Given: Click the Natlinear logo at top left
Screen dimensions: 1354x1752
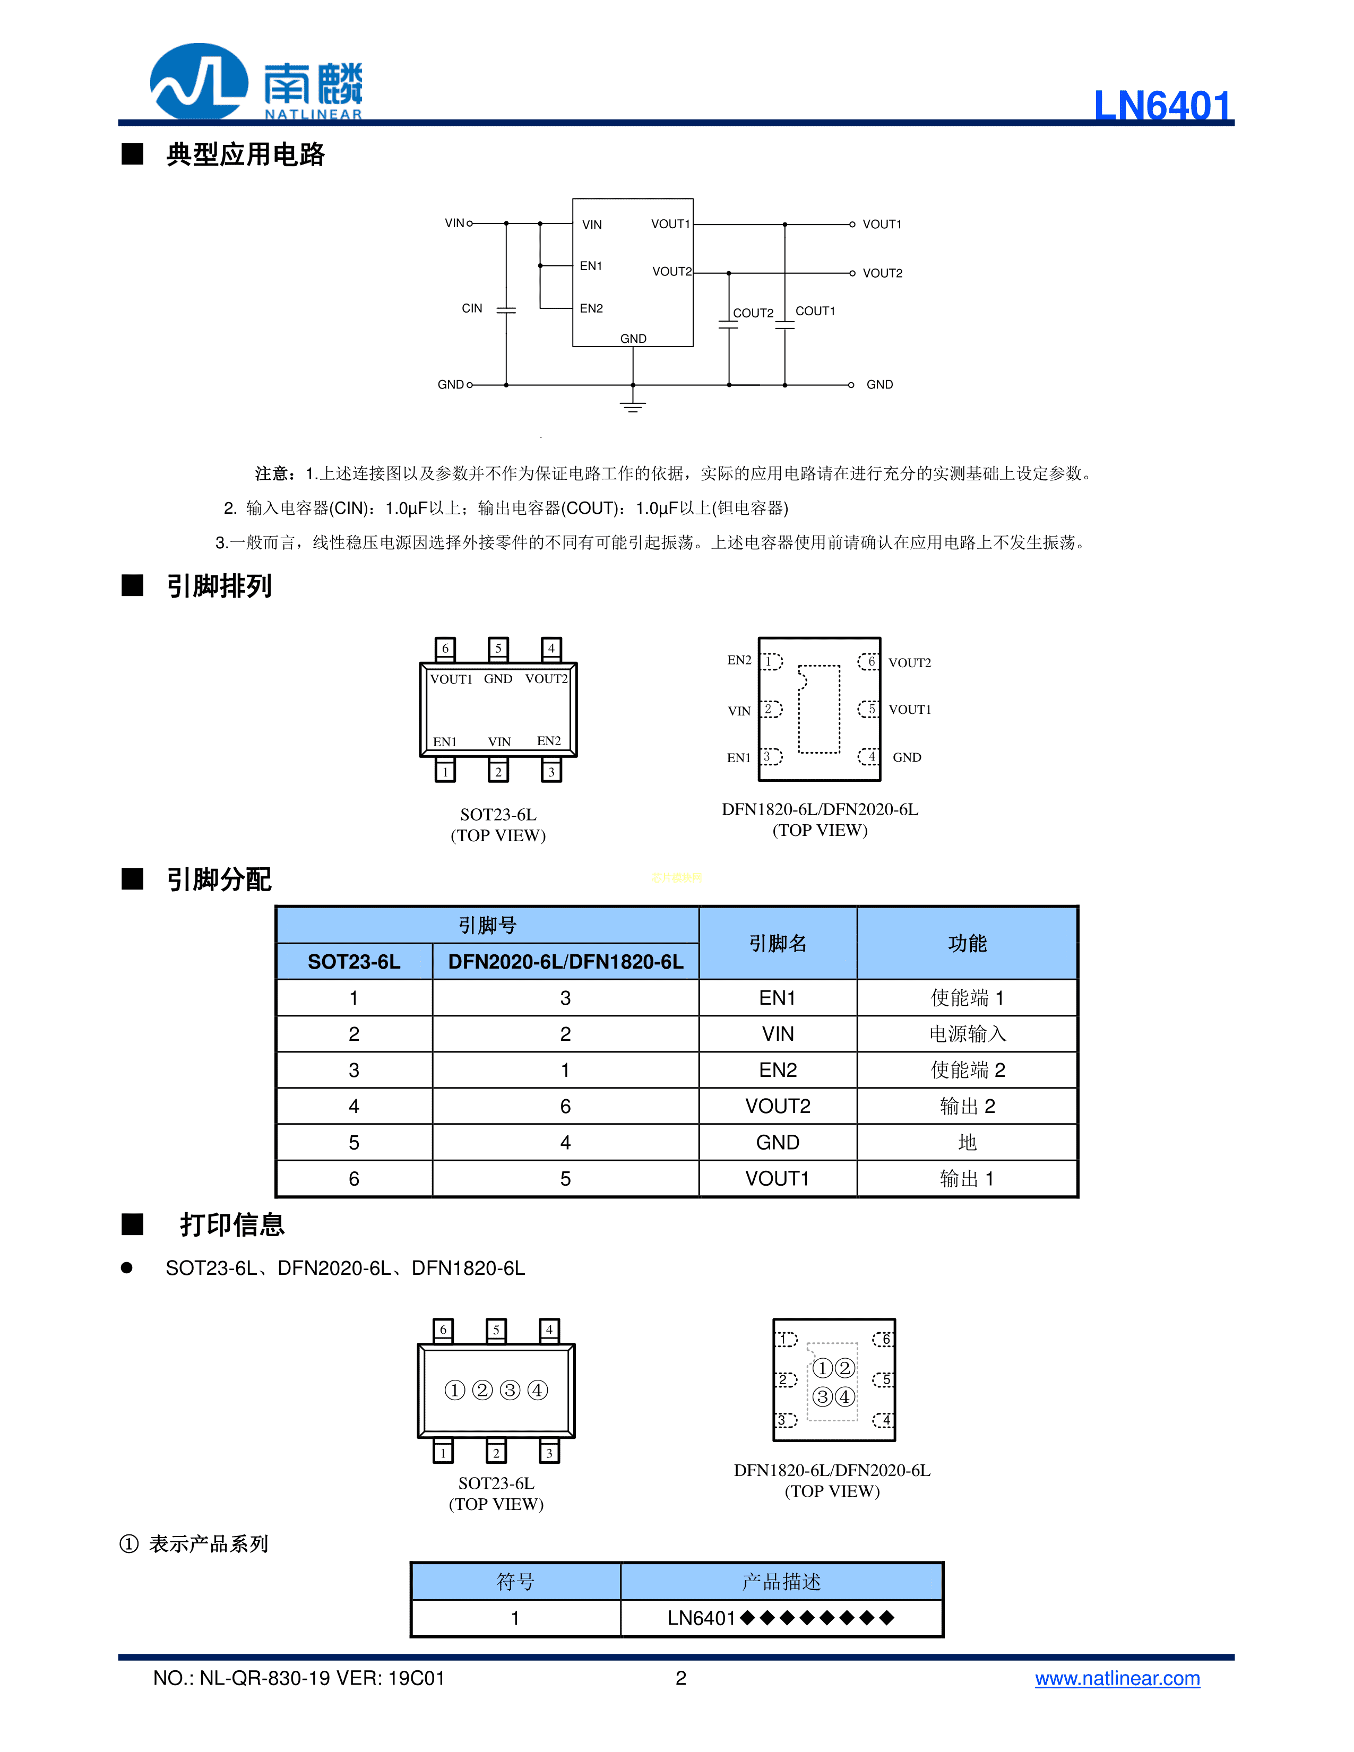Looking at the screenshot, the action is [256, 82].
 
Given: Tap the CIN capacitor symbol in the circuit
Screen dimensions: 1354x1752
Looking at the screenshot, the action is [506, 309].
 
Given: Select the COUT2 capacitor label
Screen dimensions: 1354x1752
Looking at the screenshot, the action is [753, 313].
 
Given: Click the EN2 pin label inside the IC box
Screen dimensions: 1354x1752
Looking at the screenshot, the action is [591, 308].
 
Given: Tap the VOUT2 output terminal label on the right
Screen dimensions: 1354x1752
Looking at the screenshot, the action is [882, 273].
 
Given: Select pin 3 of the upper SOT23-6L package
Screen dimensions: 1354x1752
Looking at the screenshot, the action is [551, 772].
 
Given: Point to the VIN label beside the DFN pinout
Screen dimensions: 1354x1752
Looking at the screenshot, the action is [739, 711].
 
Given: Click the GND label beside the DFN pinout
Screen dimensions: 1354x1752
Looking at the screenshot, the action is [907, 757].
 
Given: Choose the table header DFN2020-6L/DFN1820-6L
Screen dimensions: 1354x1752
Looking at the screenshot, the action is [565, 962].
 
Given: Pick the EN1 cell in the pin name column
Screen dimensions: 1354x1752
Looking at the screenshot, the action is [777, 998].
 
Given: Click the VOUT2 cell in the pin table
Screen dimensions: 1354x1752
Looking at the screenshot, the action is [777, 1106].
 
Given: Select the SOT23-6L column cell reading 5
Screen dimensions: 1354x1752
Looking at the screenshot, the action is [353, 1142].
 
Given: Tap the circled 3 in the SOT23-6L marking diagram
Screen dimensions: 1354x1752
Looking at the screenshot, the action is [510, 1390].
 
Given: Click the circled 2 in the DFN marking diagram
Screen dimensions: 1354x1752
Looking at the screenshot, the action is [844, 1368].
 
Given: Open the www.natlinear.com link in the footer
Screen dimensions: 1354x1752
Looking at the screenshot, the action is [1117, 1678].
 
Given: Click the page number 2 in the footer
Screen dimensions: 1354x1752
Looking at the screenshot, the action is [681, 1678].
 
